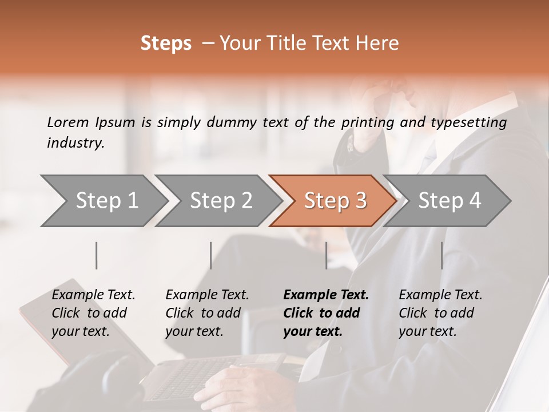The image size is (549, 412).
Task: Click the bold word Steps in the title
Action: [x=166, y=43]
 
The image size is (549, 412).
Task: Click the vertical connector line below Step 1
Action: [x=97, y=255]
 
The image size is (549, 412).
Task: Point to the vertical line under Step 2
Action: [x=211, y=255]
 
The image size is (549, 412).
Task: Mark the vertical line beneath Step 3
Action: [x=326, y=255]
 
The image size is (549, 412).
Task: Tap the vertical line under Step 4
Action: [x=441, y=255]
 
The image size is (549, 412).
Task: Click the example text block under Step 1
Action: [x=93, y=313]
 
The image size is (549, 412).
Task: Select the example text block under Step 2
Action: [x=207, y=313]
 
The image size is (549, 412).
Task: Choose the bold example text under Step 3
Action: [x=326, y=313]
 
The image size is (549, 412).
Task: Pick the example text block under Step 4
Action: [x=440, y=313]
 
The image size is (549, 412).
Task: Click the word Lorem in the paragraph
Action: [x=68, y=122]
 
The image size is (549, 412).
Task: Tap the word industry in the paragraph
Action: [x=75, y=143]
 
